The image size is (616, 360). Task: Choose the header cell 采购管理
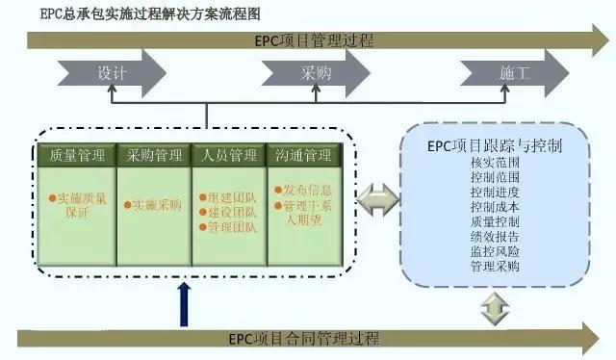[x=154, y=155]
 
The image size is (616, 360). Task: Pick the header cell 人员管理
[x=230, y=155]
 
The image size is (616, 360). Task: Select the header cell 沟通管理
[x=305, y=155]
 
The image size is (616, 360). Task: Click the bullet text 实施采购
[x=156, y=204]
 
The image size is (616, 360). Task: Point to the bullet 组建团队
[x=229, y=197]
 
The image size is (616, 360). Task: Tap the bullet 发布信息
[x=306, y=190]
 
